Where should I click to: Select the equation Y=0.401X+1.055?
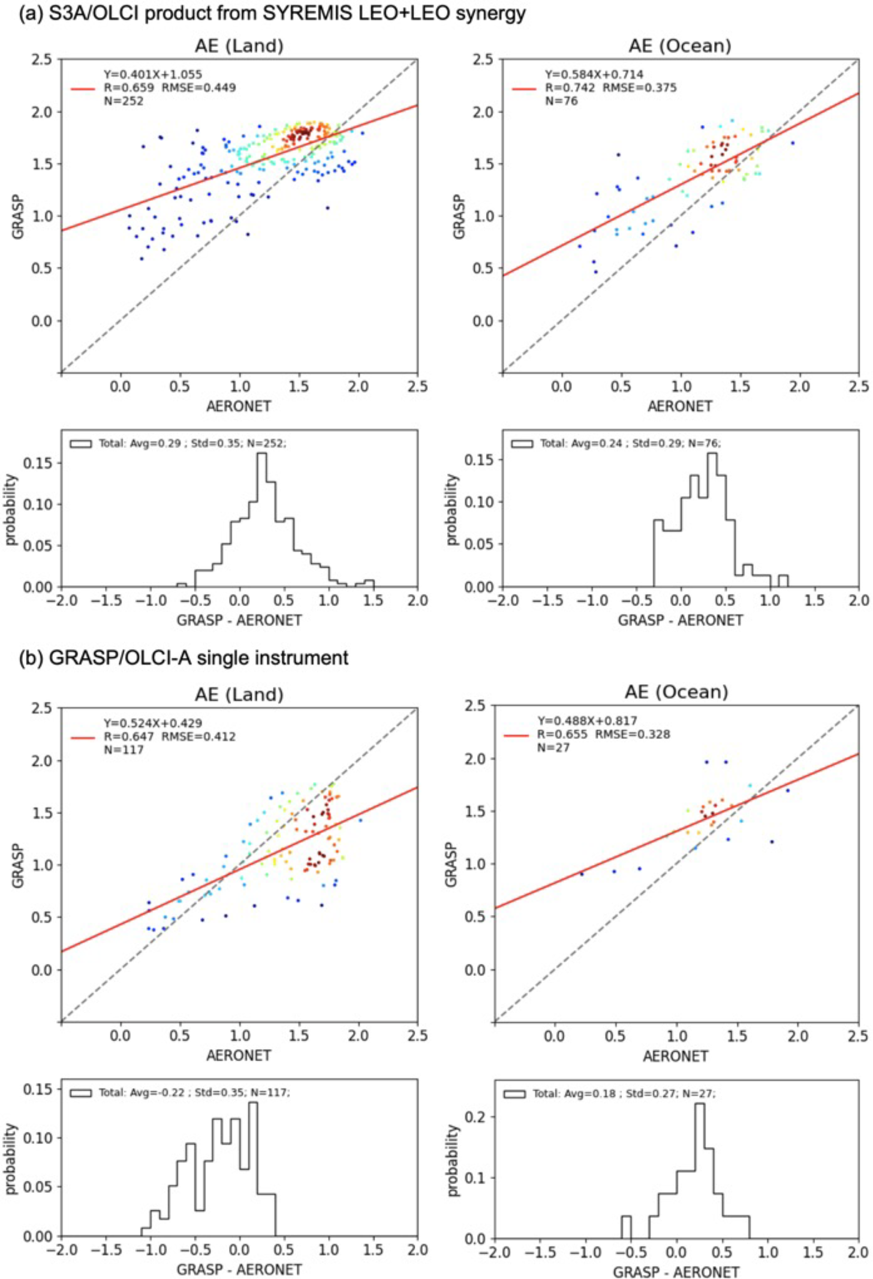pos(153,74)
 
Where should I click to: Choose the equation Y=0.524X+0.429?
pos(153,723)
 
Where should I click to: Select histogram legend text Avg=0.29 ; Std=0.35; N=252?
pos(192,443)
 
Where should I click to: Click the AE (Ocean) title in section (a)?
pos(680,46)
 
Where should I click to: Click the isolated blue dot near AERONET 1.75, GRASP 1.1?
pos(327,208)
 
